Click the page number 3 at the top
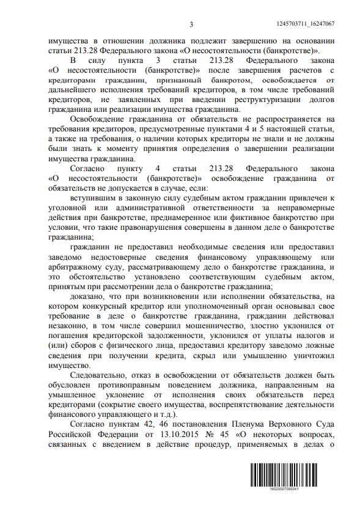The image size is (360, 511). click(x=191, y=24)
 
